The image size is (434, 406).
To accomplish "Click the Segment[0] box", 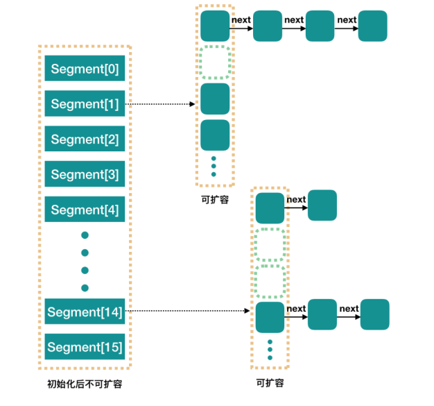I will pyautogui.click(x=85, y=69).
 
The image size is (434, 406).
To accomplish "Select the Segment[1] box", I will pyautogui.click(x=85, y=104).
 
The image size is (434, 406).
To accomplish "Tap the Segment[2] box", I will pyautogui.click(x=85, y=139).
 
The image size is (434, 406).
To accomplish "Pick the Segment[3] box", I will pyautogui.click(x=85, y=175).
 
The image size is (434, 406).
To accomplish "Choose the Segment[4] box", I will pyautogui.click(x=85, y=210).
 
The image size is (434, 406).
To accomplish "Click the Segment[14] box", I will pyautogui.click(x=85, y=312).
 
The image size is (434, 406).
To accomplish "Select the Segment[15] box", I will pyautogui.click(x=85, y=347).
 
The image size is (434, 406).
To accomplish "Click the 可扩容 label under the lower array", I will pyautogui.click(x=270, y=382).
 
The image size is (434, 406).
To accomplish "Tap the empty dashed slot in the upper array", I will pyautogui.click(x=215, y=62).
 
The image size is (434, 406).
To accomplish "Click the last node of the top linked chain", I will pyautogui.click(x=373, y=26).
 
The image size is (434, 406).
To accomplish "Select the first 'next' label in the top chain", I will pyautogui.click(x=241, y=20).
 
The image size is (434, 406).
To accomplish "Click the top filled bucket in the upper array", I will pyautogui.click(x=215, y=26).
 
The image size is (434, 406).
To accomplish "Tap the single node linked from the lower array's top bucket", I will pyautogui.click(x=322, y=205).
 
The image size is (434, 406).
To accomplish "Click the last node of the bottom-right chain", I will pyautogui.click(x=374, y=314).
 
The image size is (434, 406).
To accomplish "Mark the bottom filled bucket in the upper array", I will pyautogui.click(x=215, y=135).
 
